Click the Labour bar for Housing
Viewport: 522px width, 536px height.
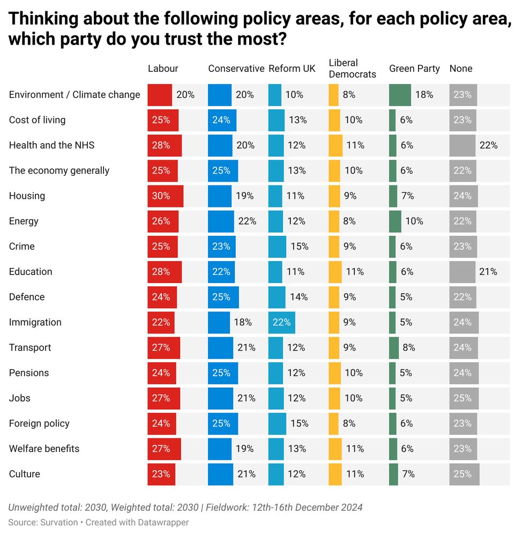(165, 196)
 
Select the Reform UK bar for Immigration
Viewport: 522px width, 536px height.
(281, 323)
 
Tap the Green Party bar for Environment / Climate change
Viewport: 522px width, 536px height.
(400, 95)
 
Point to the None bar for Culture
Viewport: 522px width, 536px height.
(464, 474)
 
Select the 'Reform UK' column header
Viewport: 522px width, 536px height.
(292, 69)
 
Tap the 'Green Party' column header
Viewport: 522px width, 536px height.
(414, 69)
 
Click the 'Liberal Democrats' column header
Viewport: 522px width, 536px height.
(352, 69)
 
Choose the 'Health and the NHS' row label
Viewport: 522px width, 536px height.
(51, 145)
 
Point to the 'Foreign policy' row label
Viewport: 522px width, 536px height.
(39, 423)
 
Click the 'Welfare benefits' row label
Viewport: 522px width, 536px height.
(44, 449)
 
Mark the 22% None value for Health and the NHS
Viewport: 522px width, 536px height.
(488, 146)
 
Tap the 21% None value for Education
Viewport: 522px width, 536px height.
(488, 272)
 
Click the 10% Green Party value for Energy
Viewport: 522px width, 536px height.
(414, 221)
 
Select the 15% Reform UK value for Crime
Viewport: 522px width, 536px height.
(299, 247)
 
